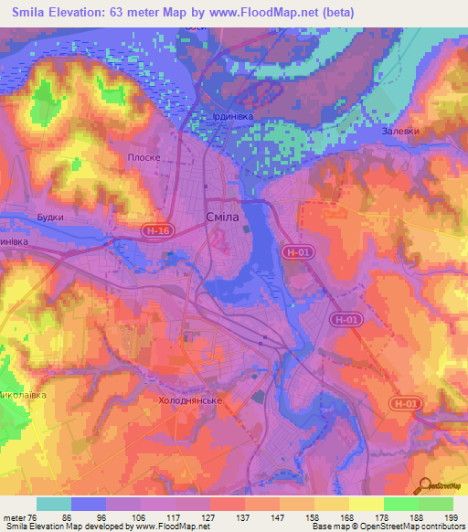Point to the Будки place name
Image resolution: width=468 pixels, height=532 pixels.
(50, 218)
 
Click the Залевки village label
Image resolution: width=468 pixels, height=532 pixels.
(401, 131)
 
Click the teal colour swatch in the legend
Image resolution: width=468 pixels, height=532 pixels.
(54, 504)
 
